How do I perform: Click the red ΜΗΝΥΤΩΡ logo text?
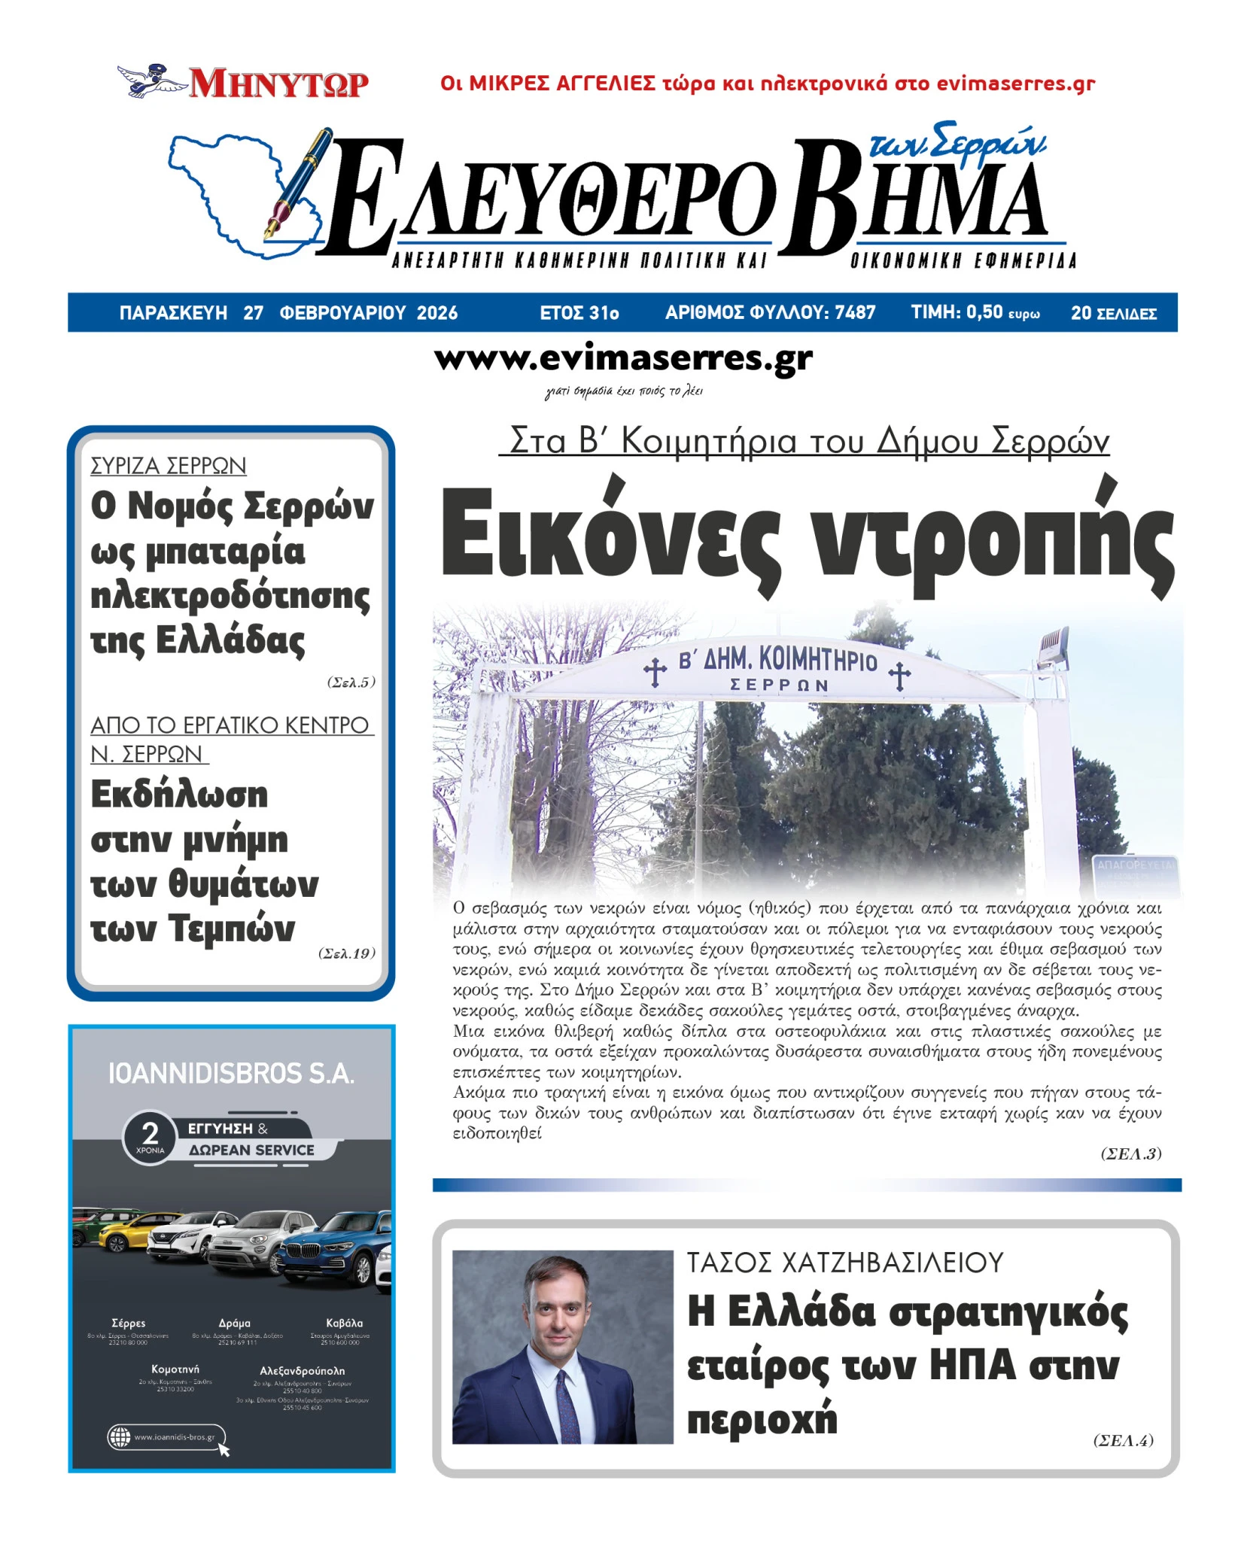click(278, 84)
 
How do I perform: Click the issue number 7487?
click(855, 312)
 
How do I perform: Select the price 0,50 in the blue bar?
click(984, 312)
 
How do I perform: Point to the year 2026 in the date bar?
click(436, 313)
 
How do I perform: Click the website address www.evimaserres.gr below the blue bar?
click(623, 359)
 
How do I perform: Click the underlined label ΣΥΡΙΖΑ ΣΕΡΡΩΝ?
click(168, 466)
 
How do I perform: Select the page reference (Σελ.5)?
click(351, 682)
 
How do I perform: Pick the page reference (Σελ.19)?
click(346, 953)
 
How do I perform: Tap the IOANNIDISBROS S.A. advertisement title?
click(231, 1074)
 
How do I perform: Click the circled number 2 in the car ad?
click(151, 1133)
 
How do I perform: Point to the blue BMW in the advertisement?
click(331, 1249)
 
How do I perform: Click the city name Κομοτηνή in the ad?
click(175, 1369)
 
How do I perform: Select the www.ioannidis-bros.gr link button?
click(166, 1437)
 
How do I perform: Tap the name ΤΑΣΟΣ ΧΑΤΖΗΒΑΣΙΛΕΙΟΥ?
click(844, 1263)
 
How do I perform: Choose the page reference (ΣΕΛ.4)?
click(1123, 1440)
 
